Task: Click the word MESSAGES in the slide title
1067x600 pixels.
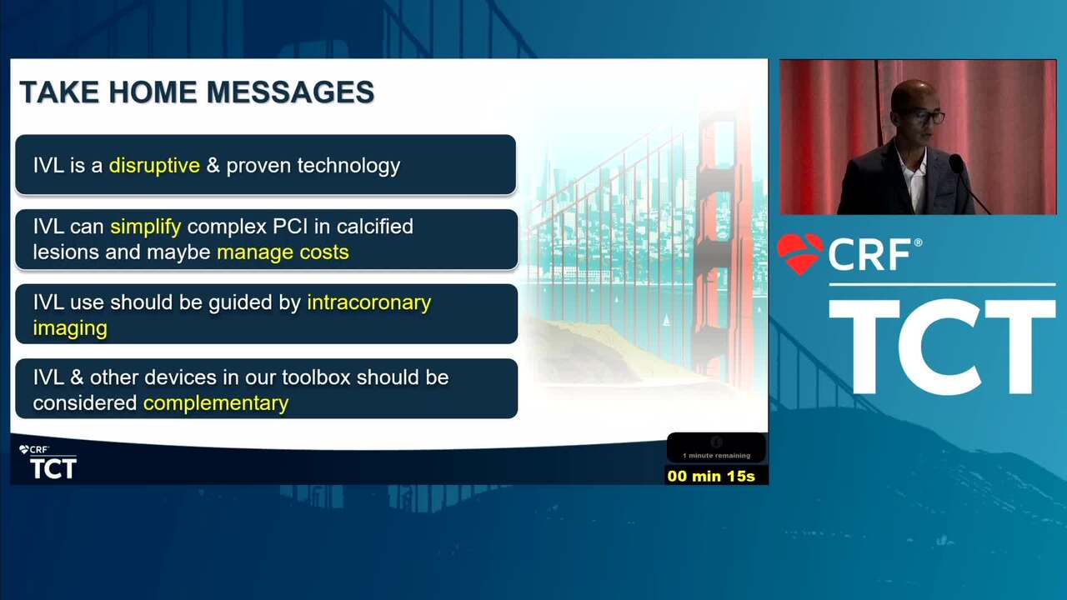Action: [x=291, y=92]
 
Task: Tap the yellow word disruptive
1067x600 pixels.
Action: [x=154, y=166]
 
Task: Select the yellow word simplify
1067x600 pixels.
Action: [x=146, y=227]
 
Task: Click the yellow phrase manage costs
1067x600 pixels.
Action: [x=283, y=252]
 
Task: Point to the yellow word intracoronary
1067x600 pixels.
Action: [x=369, y=303]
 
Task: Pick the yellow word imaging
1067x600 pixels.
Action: [x=70, y=328]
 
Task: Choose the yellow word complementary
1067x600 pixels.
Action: [x=216, y=404]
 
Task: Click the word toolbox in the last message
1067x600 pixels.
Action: [x=316, y=377]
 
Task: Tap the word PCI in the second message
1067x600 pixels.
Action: [x=286, y=227]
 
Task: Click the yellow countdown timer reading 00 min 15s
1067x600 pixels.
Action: [x=711, y=476]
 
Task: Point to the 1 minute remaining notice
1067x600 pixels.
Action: [x=716, y=456]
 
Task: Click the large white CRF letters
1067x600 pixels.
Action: [x=869, y=255]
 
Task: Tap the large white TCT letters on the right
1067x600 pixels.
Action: [x=942, y=347]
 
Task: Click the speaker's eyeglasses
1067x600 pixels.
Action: [x=922, y=117]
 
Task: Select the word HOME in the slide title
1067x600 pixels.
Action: [x=152, y=92]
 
